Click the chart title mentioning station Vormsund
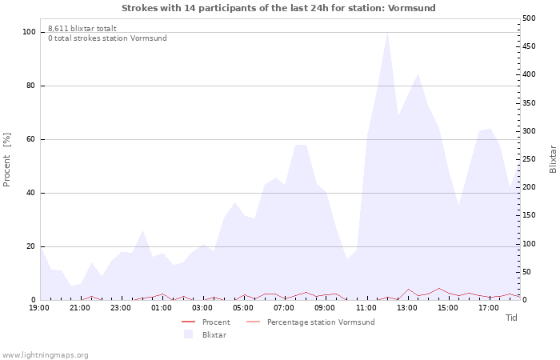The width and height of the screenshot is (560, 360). coord(278,8)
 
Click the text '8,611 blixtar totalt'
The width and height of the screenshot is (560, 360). coord(82,29)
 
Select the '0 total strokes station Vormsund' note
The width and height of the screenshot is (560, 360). coord(107,38)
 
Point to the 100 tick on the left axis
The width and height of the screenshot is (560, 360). coord(29,32)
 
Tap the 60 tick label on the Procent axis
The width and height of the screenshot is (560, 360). coord(31,139)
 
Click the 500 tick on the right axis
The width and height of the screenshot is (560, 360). coord(529,18)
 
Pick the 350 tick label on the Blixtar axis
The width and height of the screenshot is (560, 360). coord(529,103)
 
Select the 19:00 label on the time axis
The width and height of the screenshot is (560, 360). coord(39,308)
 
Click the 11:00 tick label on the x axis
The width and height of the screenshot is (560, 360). coord(366,308)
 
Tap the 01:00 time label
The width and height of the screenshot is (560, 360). coord(162,308)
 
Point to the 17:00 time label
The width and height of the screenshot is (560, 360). coord(489,308)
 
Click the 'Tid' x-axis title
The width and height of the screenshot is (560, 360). coord(511,318)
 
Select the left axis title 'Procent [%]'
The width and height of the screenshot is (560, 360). coord(6,159)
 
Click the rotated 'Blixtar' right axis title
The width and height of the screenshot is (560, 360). coord(553,159)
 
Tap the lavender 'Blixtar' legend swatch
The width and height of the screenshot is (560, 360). coord(188,334)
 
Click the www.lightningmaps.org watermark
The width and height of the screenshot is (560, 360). coord(45,355)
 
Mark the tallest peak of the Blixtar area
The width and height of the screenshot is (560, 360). coord(387,33)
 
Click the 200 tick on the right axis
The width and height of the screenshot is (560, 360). coord(529,187)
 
